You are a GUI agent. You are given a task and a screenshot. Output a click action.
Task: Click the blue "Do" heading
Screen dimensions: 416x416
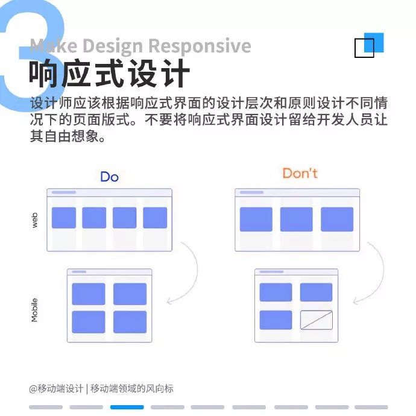coord(109,177)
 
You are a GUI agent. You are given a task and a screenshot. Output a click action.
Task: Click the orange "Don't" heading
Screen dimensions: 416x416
coord(300,174)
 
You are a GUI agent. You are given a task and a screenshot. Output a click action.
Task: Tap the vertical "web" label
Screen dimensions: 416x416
coord(35,220)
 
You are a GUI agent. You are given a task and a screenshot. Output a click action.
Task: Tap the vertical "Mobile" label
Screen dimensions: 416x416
coord(34,309)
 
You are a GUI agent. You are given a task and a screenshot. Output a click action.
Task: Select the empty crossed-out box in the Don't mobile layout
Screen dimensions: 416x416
coord(317,320)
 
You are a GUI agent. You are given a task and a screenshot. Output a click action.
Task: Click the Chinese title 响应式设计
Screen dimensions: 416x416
coord(109,75)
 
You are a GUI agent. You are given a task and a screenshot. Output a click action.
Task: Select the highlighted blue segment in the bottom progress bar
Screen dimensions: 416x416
coord(127,407)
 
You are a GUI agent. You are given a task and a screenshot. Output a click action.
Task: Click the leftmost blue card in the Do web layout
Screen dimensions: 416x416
coord(64,218)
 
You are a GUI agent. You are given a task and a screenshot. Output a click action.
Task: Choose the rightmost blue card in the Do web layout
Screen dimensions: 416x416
coord(155,218)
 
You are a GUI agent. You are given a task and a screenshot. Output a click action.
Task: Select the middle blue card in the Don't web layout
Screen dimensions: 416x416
coord(297,219)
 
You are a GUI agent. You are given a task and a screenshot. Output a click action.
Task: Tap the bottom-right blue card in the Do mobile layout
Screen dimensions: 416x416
coord(130,322)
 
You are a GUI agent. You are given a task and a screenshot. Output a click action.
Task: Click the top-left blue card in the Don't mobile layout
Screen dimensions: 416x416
coord(276,292)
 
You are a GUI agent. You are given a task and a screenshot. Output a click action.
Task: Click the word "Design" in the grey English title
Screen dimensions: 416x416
coord(113,46)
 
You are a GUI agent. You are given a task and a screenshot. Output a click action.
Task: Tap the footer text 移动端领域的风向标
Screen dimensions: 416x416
coord(132,389)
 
